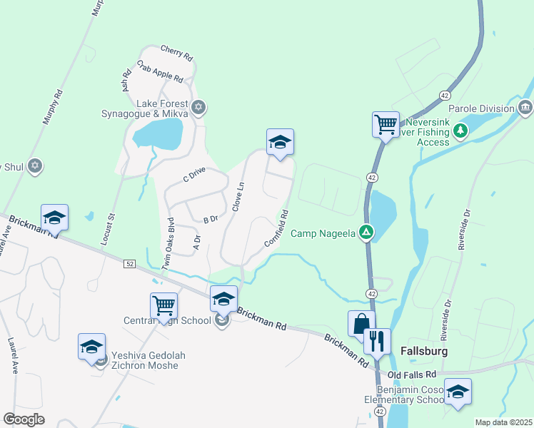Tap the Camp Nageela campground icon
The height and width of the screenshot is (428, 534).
point(366,233)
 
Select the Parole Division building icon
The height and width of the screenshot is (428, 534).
point(525,108)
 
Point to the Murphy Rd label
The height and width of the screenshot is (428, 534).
point(53,108)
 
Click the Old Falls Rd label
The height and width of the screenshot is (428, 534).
point(411,374)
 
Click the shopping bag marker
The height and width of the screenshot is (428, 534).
point(361,323)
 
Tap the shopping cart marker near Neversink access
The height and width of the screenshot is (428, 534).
point(386,123)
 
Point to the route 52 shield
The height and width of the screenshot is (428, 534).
point(129,264)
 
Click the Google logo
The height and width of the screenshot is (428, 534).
point(24,419)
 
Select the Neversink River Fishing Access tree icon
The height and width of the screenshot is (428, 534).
point(461,131)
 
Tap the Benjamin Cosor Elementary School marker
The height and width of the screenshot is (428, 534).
point(458,392)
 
